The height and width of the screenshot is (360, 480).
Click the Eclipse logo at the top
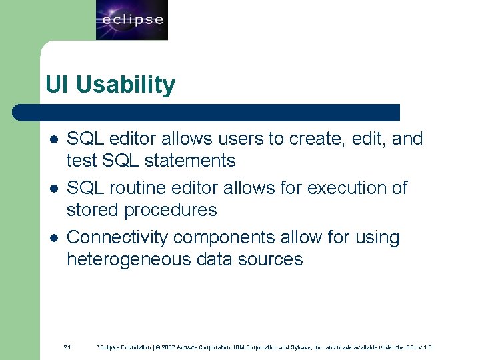coord(131,20)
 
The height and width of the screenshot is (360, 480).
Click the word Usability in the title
coord(125,85)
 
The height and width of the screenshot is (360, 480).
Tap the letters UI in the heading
coord(57,85)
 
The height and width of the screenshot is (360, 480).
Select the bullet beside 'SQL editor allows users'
coord(54,139)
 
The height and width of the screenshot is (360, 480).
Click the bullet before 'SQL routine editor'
coord(54,189)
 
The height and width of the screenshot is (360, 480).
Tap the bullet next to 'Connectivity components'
coord(54,238)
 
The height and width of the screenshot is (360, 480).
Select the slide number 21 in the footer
coord(67,347)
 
